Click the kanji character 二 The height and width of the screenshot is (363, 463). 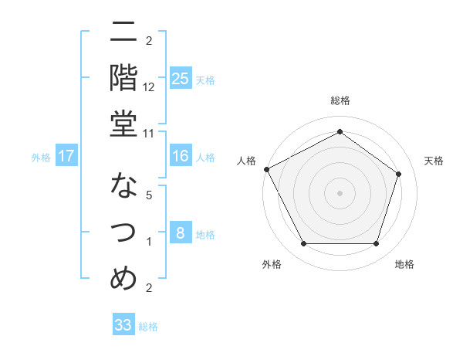tap(124, 34)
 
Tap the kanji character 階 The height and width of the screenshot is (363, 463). tap(124, 77)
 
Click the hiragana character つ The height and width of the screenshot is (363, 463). tap(124, 232)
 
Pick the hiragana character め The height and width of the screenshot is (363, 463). tap(124, 276)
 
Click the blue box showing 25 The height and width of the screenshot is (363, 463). tap(180, 78)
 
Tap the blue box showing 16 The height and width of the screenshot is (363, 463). tap(180, 156)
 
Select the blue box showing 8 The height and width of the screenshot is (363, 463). tap(180, 233)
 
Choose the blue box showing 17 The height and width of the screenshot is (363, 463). tap(66, 156)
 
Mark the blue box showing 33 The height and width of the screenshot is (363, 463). tap(123, 325)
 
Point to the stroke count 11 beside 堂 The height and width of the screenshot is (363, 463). tap(149, 133)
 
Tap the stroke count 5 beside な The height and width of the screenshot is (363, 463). tap(149, 196)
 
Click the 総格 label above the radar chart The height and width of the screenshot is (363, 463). tap(340, 100)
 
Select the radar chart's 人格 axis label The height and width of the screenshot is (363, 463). tap(247, 161)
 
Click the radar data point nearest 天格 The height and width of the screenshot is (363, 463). tap(399, 174)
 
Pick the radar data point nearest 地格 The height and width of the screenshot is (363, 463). tap(377, 244)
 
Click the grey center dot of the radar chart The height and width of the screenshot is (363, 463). tap(340, 192)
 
